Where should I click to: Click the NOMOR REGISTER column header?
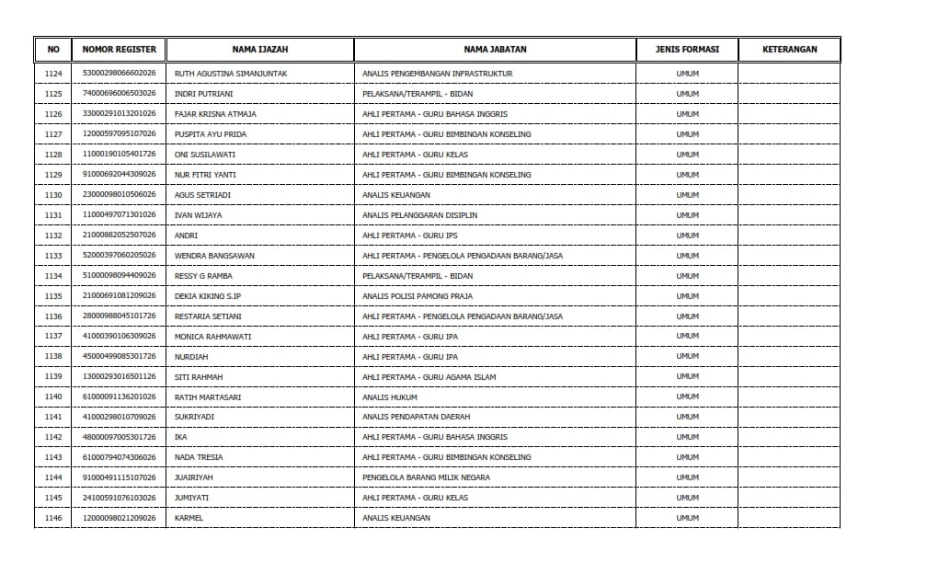click(x=119, y=50)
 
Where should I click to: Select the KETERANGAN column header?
click(x=789, y=50)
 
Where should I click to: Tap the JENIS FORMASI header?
click(x=687, y=50)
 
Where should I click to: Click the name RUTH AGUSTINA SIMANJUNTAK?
click(x=231, y=74)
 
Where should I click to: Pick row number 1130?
click(x=53, y=195)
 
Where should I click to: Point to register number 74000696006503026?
click(x=119, y=94)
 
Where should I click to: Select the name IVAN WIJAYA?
click(x=198, y=215)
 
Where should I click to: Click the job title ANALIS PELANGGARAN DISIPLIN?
click(x=419, y=215)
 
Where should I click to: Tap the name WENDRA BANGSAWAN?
click(x=214, y=256)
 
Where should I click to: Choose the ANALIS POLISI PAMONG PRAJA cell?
click(x=417, y=296)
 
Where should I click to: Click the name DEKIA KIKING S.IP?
click(x=207, y=296)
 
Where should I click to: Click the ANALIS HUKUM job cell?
click(x=390, y=397)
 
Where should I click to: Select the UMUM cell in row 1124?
click(x=687, y=74)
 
